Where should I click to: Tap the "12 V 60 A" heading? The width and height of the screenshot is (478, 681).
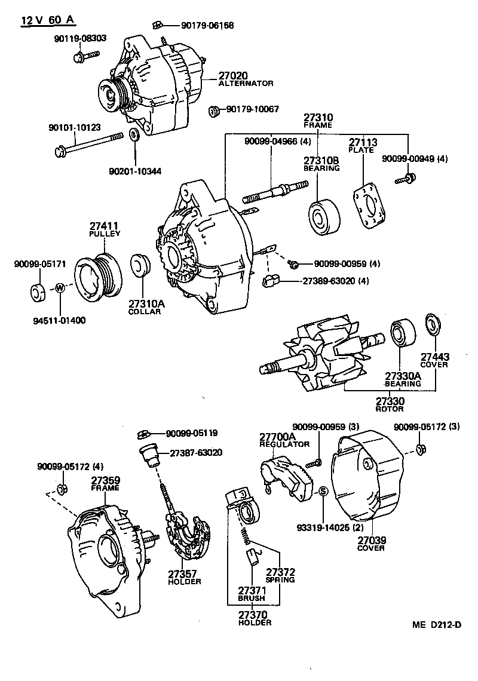(x=48, y=20)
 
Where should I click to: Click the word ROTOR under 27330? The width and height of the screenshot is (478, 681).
(x=389, y=409)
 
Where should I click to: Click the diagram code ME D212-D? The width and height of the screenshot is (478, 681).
(x=436, y=625)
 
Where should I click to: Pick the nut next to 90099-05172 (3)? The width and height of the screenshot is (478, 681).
(x=419, y=449)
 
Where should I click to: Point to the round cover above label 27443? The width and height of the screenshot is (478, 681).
(x=431, y=323)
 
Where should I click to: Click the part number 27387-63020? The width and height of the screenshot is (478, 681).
(x=195, y=453)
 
